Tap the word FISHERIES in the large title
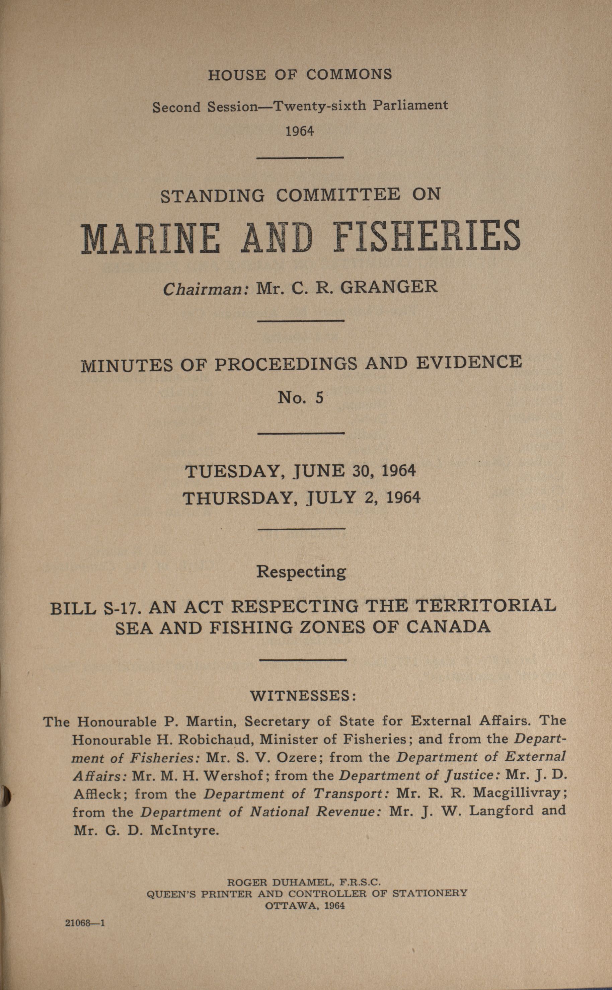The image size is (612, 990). [428, 236]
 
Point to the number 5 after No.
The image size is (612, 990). [319, 398]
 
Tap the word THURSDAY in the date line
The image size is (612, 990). [237, 498]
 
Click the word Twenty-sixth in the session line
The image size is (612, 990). [320, 106]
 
